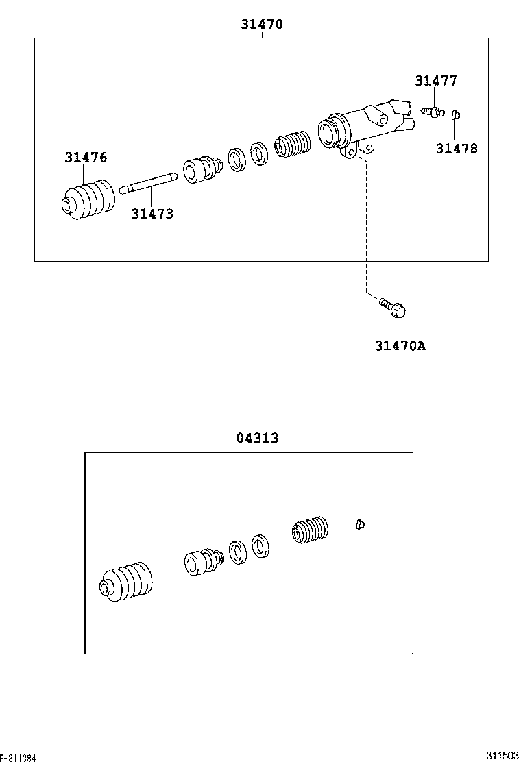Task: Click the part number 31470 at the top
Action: coord(261,24)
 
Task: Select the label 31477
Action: coord(435,81)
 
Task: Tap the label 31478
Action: coord(457,148)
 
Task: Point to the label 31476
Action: coord(86,158)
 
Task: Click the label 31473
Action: coord(152,214)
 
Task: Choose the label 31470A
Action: coord(400,345)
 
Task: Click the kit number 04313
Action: coord(258,438)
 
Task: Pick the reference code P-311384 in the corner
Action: coord(18,757)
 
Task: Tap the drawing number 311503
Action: coord(502,755)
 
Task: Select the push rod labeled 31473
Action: coord(148,184)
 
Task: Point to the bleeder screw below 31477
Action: coord(433,110)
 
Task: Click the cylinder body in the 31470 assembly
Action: coord(363,127)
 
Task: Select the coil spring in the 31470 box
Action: coord(293,145)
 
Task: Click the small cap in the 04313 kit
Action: coord(360,524)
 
